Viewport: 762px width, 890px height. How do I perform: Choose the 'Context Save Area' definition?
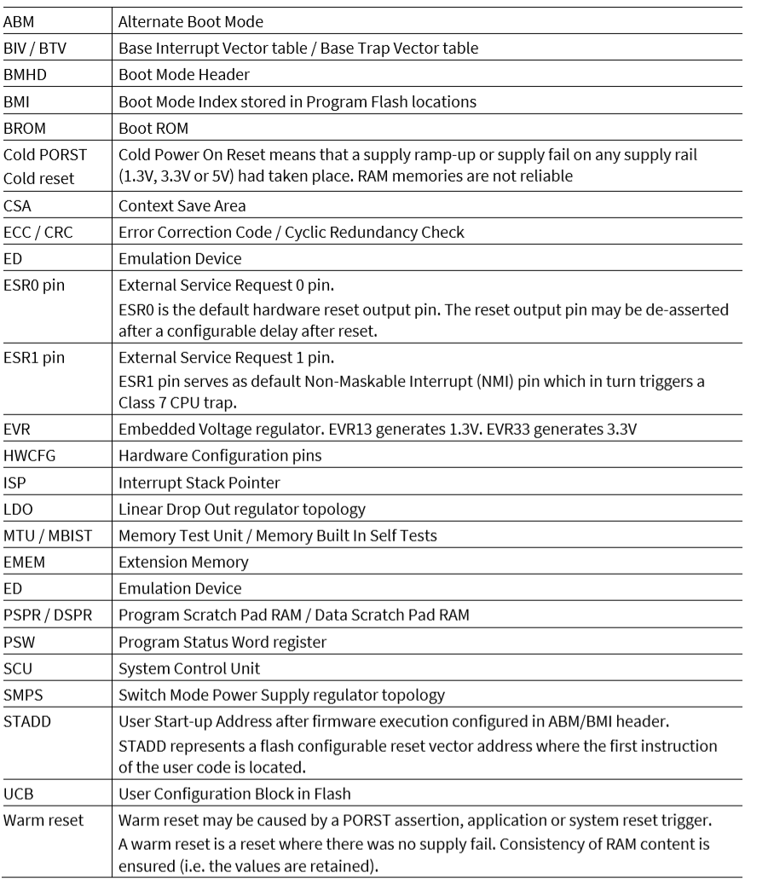pyautogui.click(x=179, y=205)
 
